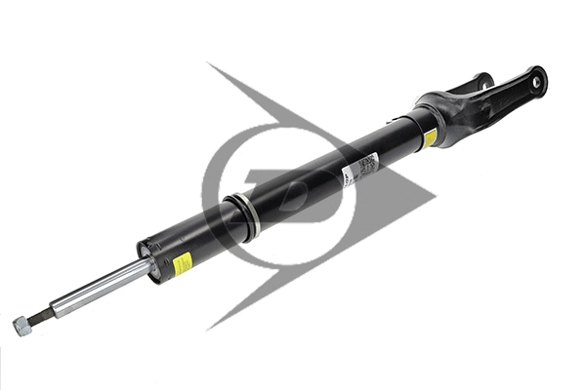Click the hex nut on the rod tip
(x=21, y=327)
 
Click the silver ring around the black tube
(x=242, y=216)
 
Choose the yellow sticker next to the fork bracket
(x=430, y=137)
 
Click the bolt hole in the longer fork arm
(x=535, y=82)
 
